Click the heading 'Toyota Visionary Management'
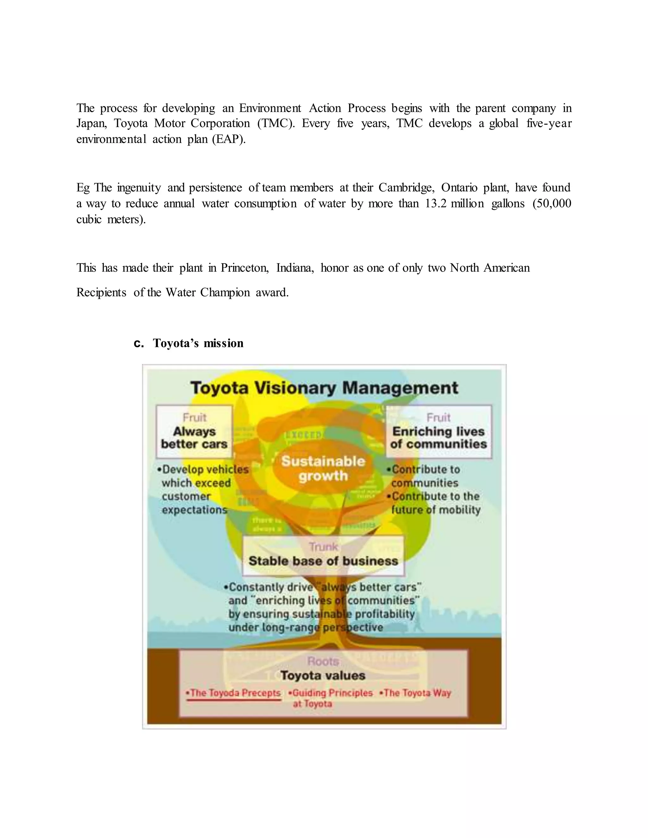[x=324, y=388]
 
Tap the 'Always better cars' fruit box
[x=194, y=432]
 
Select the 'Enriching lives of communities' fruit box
[x=439, y=432]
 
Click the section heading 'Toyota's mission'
[x=198, y=343]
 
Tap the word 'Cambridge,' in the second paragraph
[x=407, y=188]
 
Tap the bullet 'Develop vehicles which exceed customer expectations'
[x=203, y=490]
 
